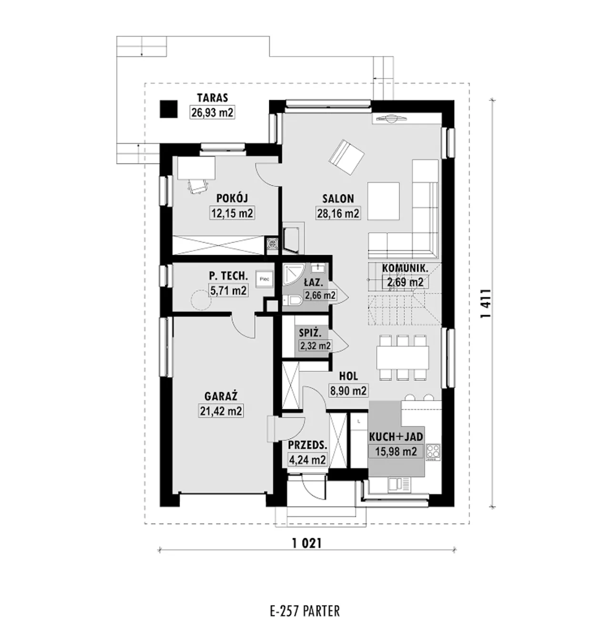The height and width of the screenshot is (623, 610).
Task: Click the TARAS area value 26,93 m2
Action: pos(212,112)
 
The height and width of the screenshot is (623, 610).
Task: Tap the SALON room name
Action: pos(338,199)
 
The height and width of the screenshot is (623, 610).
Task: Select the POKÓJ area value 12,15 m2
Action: pos(232,213)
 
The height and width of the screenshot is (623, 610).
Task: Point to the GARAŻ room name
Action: pos(221,396)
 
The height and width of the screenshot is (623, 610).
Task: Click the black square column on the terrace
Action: pos(169,109)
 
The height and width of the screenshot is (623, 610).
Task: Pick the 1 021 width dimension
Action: pos(307,544)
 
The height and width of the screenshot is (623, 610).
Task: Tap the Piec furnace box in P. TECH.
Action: pos(264,279)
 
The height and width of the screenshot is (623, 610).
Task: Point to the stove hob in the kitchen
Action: pos(433,453)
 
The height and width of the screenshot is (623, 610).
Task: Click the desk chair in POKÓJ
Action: pos(198,186)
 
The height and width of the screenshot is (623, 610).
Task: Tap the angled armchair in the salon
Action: pos(347,157)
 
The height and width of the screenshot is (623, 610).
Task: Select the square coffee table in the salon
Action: pos(384,201)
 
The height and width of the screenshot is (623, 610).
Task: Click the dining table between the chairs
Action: pos(403,357)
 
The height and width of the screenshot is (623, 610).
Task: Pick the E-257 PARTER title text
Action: pos(305,602)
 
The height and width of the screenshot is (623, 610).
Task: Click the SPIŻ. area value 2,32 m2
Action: pos(315,346)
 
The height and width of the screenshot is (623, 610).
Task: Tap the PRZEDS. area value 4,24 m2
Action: pos(307,460)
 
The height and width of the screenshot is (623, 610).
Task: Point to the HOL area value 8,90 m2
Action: pos(348,391)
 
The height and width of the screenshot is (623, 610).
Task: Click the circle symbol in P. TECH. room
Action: pos(201,300)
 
